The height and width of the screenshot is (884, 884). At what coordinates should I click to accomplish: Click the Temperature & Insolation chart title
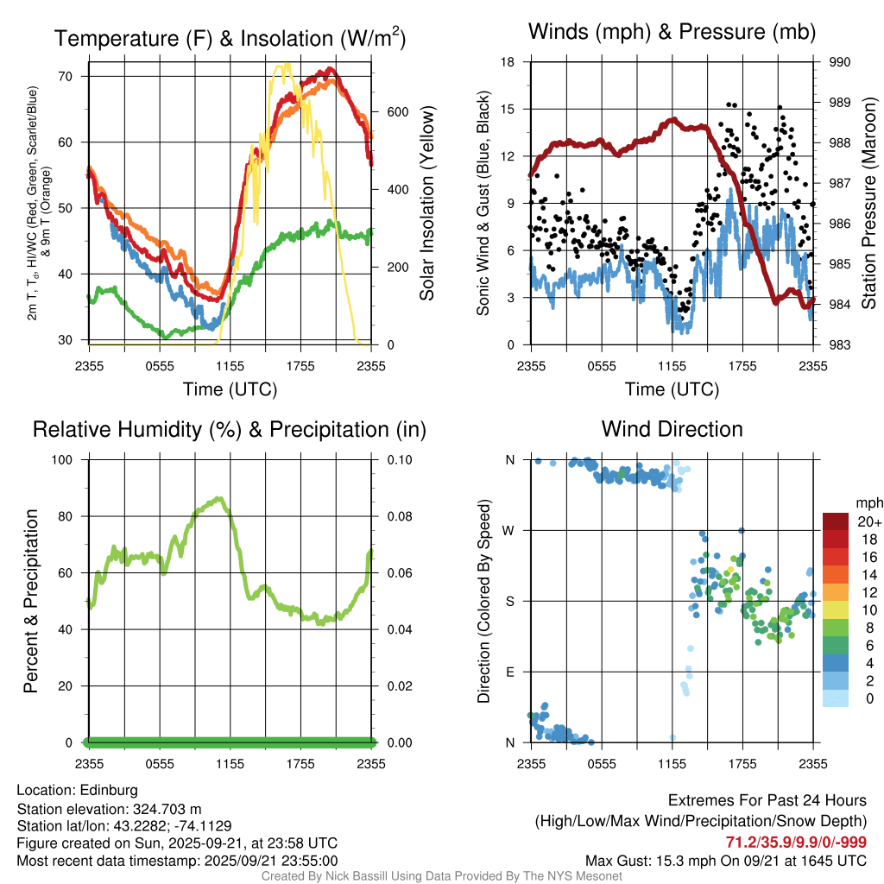(230, 38)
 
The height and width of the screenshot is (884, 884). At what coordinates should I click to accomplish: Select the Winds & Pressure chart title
(672, 33)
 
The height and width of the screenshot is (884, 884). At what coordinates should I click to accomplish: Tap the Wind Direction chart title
(672, 429)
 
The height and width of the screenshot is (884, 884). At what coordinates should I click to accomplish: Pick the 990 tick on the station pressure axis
(840, 62)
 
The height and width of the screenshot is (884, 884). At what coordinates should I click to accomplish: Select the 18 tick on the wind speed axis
(508, 62)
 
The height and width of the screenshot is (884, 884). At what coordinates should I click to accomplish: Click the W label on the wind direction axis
(509, 530)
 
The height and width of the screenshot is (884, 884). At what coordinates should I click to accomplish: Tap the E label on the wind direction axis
(509, 672)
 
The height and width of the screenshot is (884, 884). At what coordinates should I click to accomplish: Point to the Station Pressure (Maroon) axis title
(869, 203)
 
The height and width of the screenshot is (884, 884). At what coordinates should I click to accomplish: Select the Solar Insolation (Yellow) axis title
(426, 203)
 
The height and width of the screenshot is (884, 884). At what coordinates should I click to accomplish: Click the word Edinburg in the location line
(109, 790)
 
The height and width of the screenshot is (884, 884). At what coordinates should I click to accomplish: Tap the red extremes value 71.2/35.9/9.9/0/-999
(796, 842)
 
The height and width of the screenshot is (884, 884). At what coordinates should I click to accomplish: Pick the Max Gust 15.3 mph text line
(725, 861)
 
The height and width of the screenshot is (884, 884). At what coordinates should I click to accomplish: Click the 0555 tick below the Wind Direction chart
(601, 763)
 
